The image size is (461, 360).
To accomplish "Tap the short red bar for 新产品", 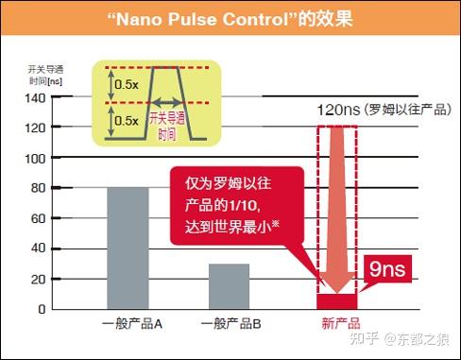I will click(337, 301).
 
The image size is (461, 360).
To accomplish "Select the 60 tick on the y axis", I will click(36, 218).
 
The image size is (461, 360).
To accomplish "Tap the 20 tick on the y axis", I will click(36, 279).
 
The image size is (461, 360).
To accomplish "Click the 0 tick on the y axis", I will click(41, 309).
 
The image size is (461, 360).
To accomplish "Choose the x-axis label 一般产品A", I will click(133, 324).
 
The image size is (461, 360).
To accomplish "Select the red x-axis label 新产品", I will click(336, 324).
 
